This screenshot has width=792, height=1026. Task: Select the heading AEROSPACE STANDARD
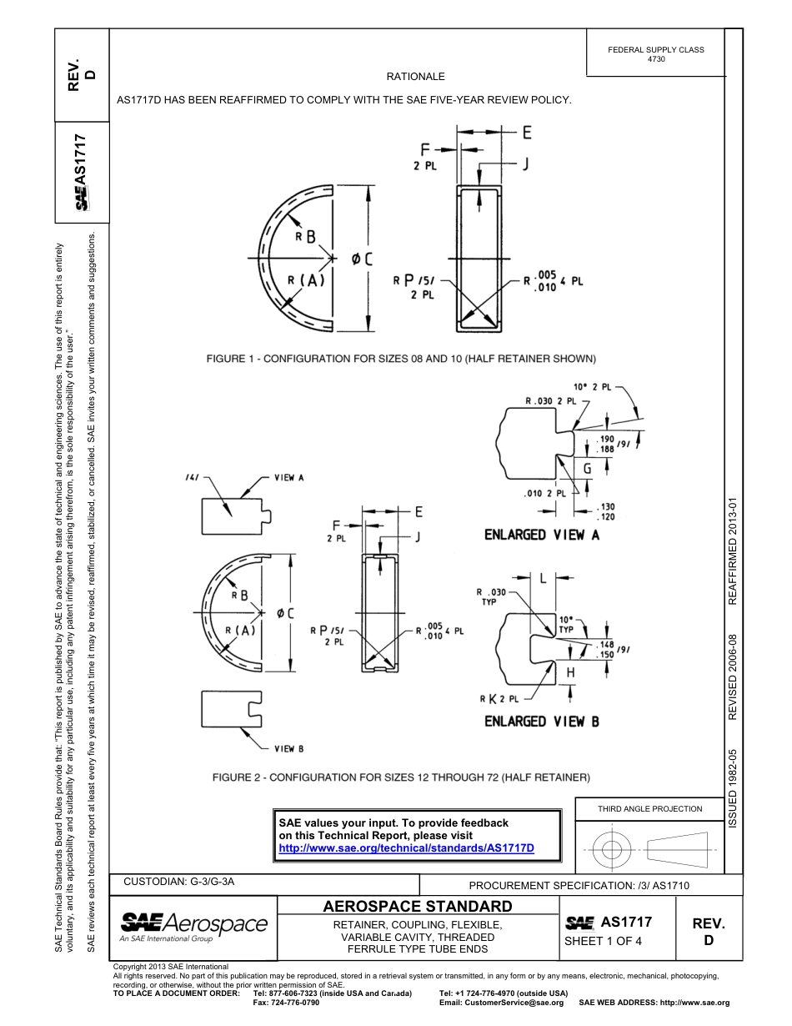417,907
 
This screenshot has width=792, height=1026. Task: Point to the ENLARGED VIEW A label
542,535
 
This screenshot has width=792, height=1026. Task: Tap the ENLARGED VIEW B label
542,721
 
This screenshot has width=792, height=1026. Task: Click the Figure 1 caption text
401,359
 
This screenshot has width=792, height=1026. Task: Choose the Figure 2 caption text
401,777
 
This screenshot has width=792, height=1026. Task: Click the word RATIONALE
415,77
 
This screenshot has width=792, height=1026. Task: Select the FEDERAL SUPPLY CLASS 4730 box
655,54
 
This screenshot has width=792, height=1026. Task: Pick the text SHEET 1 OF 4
604,942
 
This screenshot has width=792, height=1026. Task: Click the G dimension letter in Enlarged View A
587,470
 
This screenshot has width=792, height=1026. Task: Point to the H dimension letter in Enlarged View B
570,672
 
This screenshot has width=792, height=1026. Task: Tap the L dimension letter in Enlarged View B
544,577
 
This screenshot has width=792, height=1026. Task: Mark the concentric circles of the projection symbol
612,850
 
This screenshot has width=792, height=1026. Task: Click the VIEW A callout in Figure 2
289,478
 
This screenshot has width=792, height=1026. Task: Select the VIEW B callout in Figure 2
289,748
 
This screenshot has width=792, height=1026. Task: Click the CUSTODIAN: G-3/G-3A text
173,882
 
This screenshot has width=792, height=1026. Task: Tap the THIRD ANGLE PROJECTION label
649,808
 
